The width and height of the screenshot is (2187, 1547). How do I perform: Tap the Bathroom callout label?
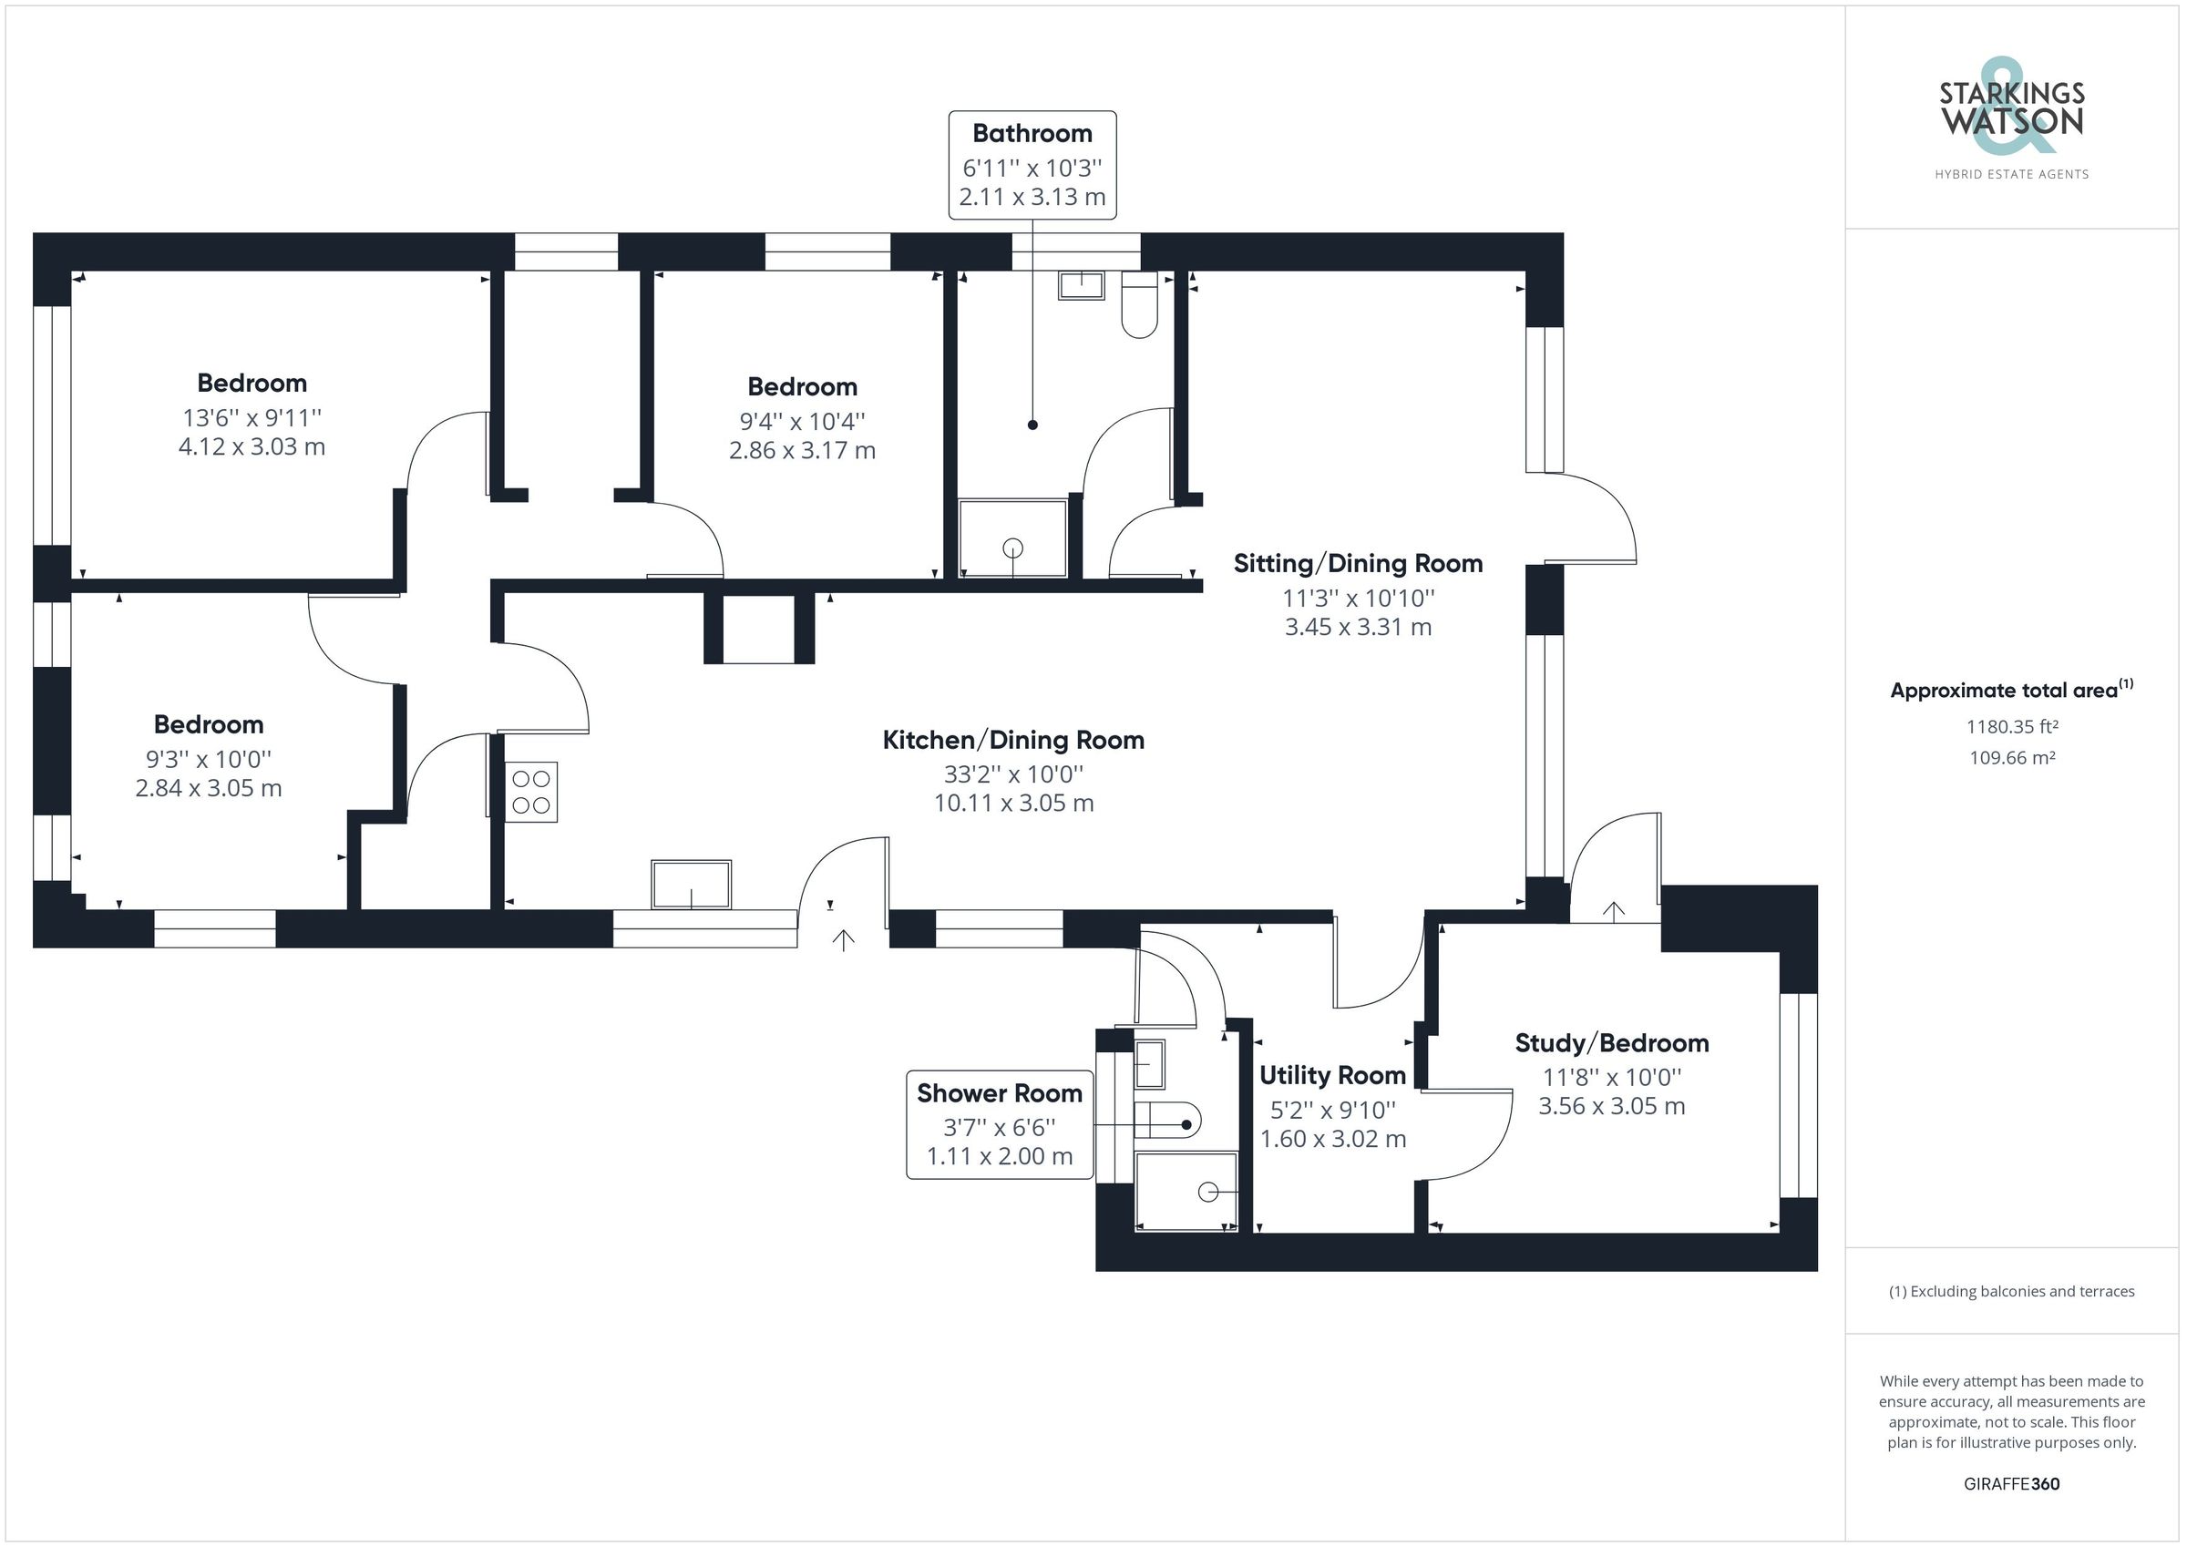click(1032, 164)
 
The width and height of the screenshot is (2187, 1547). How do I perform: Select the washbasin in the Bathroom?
click(1081, 285)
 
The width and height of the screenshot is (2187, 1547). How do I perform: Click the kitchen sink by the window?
click(692, 885)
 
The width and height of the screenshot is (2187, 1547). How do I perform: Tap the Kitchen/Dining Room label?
click(1012, 740)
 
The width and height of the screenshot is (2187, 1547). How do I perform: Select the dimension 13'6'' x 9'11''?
click(252, 417)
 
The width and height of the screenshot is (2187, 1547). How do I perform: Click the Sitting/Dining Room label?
click(1358, 563)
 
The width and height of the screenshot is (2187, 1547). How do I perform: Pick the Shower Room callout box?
click(1000, 1124)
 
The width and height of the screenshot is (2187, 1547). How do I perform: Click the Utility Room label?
click(1331, 1075)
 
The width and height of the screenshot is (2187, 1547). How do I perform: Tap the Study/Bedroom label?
click(1612, 1043)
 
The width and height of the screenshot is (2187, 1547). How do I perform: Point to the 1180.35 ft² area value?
click(2012, 727)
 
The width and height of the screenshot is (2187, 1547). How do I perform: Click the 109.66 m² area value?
click(2012, 758)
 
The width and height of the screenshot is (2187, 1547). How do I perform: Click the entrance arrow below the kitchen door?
click(843, 941)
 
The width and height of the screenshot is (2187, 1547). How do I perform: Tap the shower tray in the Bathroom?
click(1012, 538)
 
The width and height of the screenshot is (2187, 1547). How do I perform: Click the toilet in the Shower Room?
click(1171, 1121)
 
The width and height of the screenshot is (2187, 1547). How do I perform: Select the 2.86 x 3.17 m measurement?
click(802, 451)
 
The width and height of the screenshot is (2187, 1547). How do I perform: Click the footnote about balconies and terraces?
click(2012, 1292)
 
